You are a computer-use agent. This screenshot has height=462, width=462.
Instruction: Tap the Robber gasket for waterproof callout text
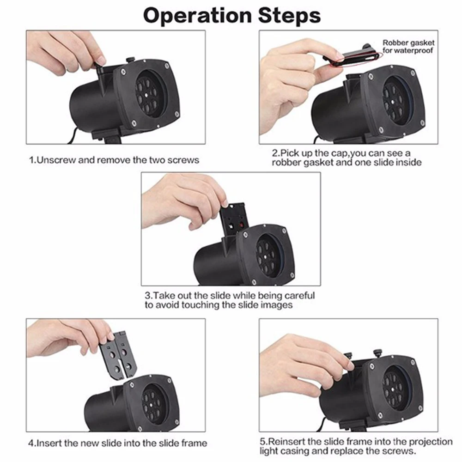click(407, 47)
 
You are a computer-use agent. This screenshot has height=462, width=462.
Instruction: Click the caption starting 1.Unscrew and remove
click(114, 160)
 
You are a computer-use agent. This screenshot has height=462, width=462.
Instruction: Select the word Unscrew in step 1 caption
click(56, 160)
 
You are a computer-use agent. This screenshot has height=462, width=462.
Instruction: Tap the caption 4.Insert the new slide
click(117, 443)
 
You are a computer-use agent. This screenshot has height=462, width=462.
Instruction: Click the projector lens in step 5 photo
click(395, 387)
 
